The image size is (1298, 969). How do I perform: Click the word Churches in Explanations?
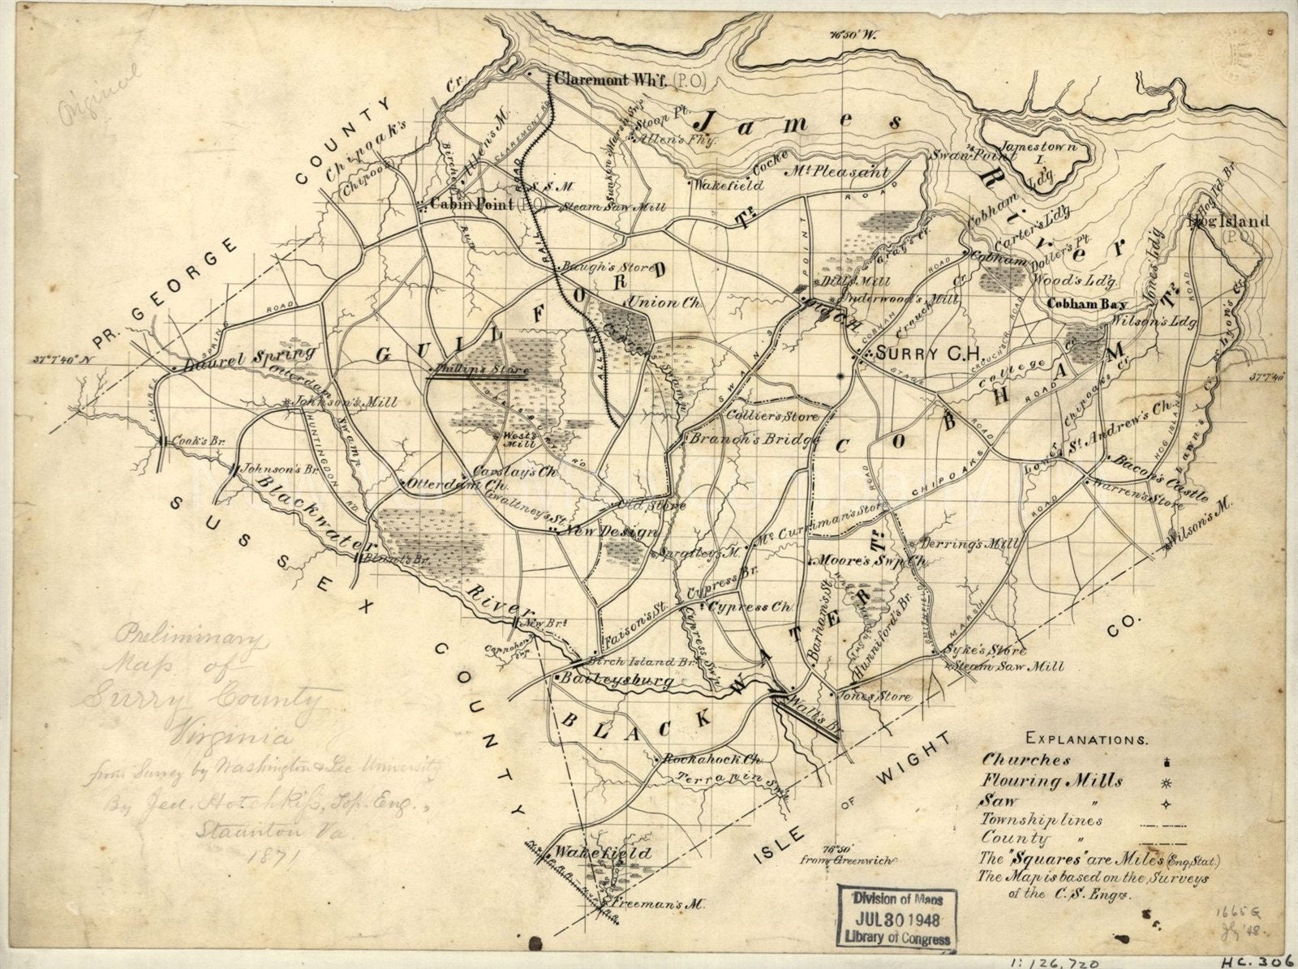(x=1026, y=761)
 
